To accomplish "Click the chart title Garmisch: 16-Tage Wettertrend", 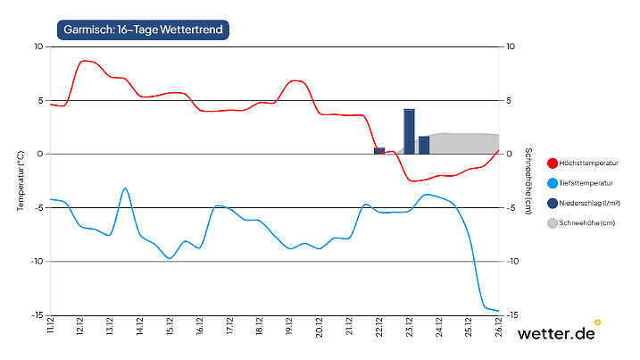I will point(143,29).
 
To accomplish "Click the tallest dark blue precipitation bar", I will point(409,131).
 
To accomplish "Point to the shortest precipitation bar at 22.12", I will point(379,151).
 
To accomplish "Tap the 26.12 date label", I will point(499,327).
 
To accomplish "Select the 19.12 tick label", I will point(289,327).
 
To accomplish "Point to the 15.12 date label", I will point(170,327).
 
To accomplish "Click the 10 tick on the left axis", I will point(38,46).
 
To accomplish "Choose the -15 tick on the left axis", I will point(37,315).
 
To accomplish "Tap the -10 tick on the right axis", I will point(512,262).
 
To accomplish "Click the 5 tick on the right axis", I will point(509,100).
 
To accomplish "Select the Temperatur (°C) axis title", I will point(20,180).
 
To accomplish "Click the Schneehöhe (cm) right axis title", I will point(528,180).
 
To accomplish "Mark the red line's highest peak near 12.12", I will point(85,61).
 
